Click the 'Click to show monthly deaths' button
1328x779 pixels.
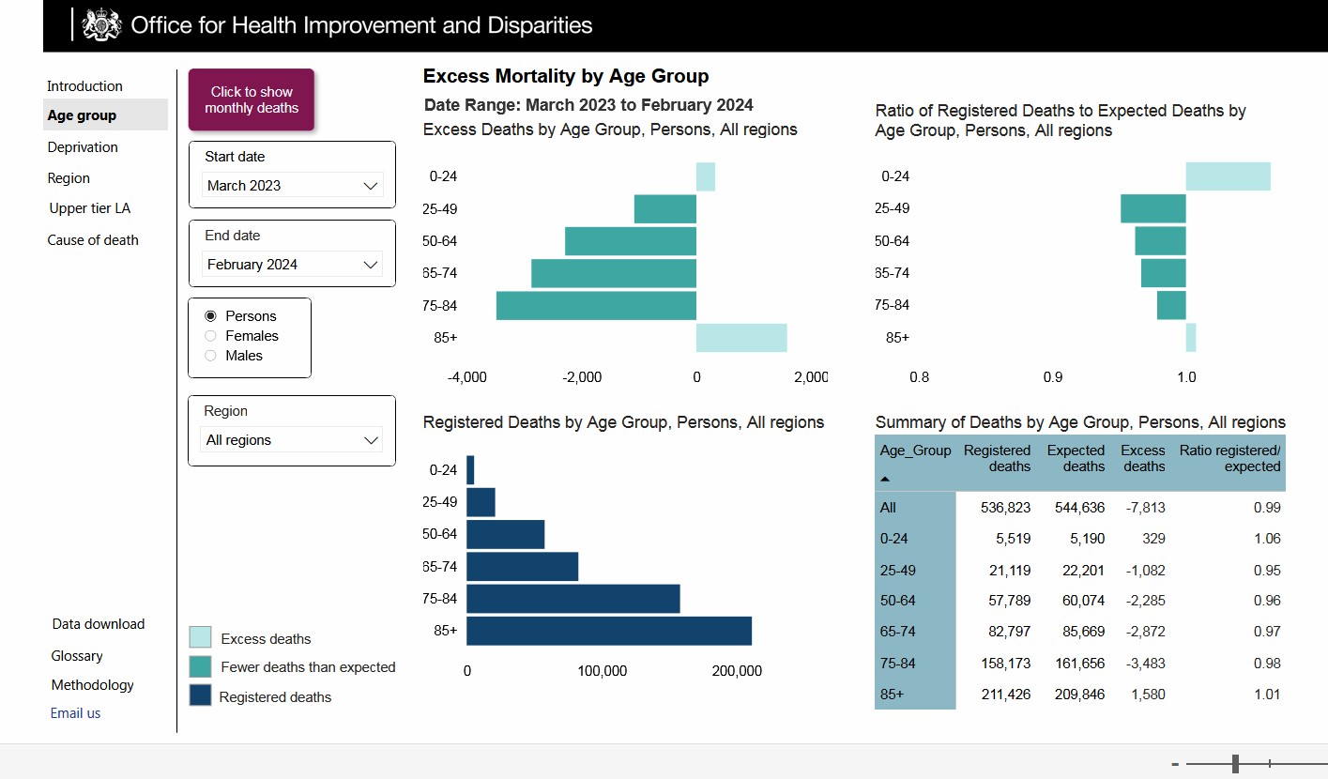[252, 99]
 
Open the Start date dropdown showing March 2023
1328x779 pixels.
[292, 186]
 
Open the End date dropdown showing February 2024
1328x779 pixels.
[292, 265]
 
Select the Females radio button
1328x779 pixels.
[210, 336]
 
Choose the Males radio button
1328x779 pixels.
[210, 356]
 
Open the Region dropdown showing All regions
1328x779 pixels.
[292, 440]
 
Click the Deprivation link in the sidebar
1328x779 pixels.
[83, 147]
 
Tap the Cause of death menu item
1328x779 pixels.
[93, 240]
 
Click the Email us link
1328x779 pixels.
[75, 713]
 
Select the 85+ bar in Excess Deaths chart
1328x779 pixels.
[741, 338]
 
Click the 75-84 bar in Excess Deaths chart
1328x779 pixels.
[596, 306]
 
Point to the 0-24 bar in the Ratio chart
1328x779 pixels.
[1229, 176]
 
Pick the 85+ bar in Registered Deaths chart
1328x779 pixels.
[609, 631]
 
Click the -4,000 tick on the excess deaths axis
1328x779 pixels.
[467, 377]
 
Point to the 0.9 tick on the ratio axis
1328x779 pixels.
[1053, 377]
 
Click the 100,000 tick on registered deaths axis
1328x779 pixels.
[603, 671]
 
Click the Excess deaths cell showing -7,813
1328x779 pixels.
[1145, 508]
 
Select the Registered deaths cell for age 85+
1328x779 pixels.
[1006, 695]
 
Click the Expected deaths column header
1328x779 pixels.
[1076, 458]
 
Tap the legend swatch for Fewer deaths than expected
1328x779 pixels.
[201, 666]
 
